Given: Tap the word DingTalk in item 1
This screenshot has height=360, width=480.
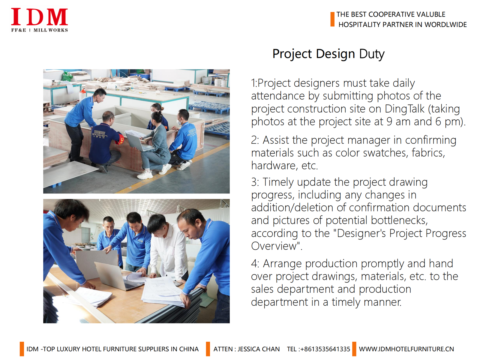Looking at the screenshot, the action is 404,109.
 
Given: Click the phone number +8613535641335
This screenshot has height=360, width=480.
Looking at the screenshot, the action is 325,349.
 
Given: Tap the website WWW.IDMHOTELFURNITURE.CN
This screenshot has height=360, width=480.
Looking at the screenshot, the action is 406,349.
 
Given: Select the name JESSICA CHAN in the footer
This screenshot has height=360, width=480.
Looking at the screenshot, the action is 259,349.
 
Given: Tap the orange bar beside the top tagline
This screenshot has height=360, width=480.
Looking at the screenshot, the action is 332,19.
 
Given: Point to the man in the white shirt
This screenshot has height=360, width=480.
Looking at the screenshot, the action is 167,247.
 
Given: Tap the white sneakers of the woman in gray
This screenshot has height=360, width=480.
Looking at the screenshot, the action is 154,172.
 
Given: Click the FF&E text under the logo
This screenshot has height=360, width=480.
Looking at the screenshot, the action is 19,30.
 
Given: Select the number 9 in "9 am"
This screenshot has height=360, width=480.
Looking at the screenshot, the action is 389,121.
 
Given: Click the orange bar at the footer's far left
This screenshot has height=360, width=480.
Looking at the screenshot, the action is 22,349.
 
